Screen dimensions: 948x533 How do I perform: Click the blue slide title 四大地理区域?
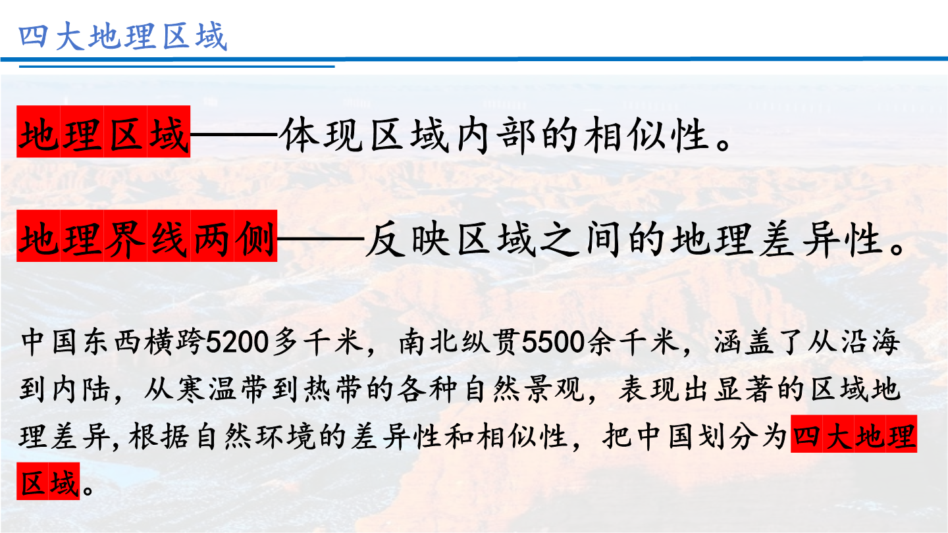tap(122, 36)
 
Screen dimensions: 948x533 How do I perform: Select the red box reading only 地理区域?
tap(103, 132)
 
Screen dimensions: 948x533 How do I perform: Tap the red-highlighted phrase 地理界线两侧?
tap(147, 236)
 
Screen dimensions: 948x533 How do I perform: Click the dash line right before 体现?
tap(234, 134)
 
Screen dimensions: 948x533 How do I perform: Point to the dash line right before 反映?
tap(321, 239)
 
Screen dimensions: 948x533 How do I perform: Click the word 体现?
tap(323, 134)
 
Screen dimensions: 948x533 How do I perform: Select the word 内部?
tap(496, 134)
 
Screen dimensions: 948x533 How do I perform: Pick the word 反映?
tap(408, 239)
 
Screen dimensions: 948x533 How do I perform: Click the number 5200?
tap(237, 342)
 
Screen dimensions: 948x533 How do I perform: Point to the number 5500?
tap(553, 342)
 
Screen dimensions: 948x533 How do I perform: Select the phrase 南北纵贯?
tap(460, 342)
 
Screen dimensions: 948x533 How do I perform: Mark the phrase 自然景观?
tap(524, 389)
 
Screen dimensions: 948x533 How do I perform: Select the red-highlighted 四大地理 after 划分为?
tap(854, 434)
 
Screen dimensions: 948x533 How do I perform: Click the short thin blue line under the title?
tap(177, 66)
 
